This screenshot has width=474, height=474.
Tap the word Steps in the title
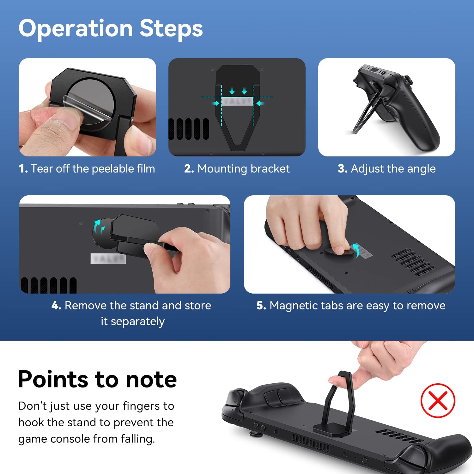(x=171, y=28)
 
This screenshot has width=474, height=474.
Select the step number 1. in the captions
(x=23, y=169)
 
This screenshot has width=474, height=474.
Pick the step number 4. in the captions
(x=56, y=306)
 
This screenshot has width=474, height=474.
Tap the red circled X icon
(x=438, y=400)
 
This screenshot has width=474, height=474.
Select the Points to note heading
(x=97, y=379)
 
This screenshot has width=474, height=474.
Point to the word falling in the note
(x=138, y=439)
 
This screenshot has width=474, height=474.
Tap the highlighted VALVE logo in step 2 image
(x=237, y=101)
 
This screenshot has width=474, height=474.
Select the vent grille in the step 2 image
(x=189, y=129)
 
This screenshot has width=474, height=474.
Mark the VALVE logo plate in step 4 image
(x=108, y=258)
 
